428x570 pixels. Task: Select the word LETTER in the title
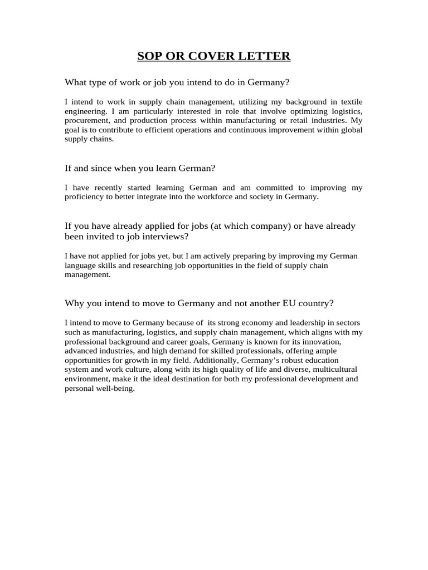pyautogui.click(x=266, y=56)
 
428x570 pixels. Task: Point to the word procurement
pyautogui.click(x=86, y=120)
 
